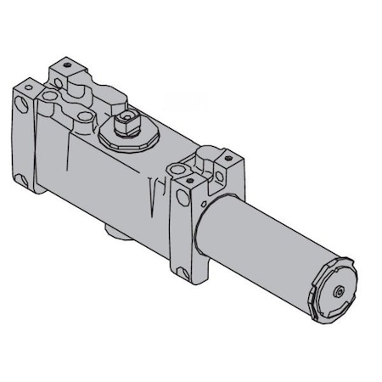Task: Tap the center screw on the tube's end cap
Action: (x=339, y=290)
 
